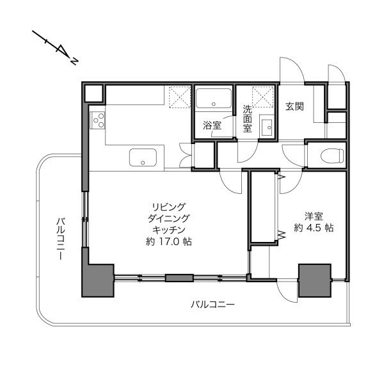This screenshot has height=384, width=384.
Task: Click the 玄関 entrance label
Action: [294, 106]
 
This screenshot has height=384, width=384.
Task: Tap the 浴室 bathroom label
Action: [212, 125]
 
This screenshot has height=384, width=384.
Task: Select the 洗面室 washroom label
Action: [247, 119]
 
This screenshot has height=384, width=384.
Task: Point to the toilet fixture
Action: [332, 156]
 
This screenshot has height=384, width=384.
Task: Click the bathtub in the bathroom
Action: [214, 99]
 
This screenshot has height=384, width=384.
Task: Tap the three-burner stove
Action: [97, 120]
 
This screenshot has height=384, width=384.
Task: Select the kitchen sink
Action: [143, 157]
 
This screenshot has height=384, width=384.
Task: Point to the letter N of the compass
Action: [74, 61]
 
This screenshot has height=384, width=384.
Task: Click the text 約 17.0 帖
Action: [169, 242]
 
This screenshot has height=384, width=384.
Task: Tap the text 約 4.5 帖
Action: [314, 228]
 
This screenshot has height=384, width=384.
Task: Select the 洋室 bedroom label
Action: [314, 216]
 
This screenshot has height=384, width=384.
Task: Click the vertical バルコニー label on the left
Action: [61, 238]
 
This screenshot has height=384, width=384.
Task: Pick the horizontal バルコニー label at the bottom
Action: [212, 305]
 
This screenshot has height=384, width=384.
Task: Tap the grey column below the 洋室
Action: [315, 280]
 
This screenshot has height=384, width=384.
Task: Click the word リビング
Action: [168, 207]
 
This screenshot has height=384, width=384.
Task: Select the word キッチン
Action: [168, 230]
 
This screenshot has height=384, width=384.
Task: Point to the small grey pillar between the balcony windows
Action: [179, 278]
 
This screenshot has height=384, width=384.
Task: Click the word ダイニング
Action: [168, 218]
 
